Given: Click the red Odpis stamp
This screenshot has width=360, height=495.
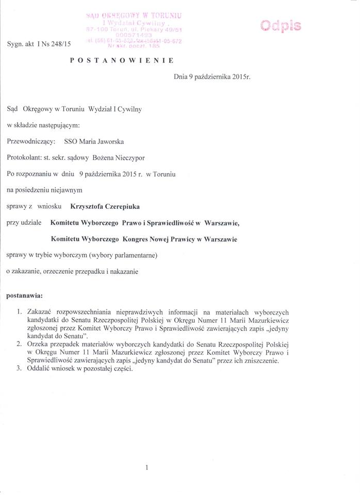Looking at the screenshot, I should coord(281,26).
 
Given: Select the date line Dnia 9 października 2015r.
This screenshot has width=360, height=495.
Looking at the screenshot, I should coord(212,81).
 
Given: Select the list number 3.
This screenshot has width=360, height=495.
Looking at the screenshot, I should coord(19,369).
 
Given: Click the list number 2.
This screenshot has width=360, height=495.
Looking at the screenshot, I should coord(19,343).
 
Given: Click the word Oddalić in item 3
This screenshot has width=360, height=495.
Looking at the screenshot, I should coord(40,369).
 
